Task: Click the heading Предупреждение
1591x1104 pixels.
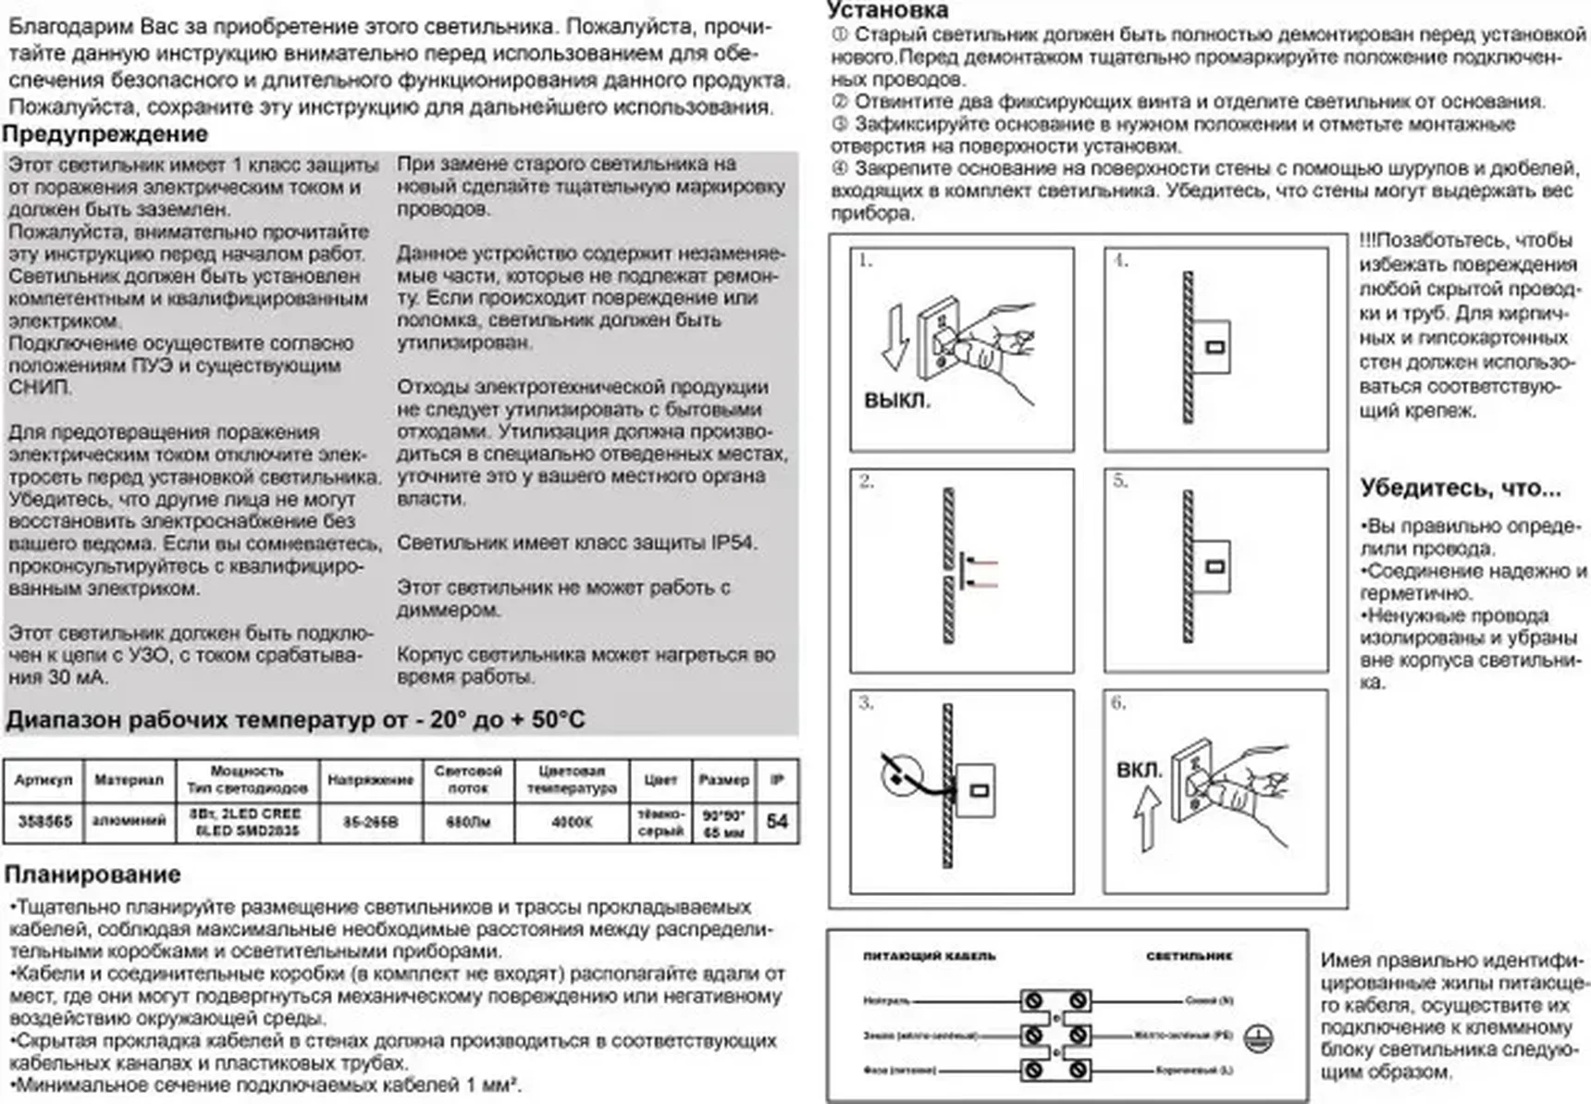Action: click(105, 134)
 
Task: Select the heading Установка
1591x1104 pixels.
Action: click(887, 10)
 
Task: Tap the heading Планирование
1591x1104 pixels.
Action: click(92, 875)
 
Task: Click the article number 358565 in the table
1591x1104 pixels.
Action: click(44, 821)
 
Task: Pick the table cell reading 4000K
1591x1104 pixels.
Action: click(571, 821)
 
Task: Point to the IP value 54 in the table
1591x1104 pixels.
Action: click(777, 821)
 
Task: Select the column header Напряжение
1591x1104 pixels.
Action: click(370, 780)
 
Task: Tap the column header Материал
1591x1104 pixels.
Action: click(129, 780)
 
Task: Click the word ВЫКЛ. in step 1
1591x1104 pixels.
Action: click(896, 402)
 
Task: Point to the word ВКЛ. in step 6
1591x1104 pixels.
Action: click(1139, 770)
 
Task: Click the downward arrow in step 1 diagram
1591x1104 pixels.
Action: click(894, 338)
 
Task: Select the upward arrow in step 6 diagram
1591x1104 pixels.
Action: click(1147, 817)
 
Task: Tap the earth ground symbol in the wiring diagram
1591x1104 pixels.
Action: click(1258, 1038)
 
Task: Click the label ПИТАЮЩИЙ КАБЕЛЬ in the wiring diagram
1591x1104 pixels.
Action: click(929, 956)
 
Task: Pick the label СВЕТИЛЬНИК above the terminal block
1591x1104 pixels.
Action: click(1189, 956)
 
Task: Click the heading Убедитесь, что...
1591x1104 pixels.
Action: click(1460, 488)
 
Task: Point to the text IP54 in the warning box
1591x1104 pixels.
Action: click(734, 543)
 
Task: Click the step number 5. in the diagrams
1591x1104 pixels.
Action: click(1120, 481)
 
